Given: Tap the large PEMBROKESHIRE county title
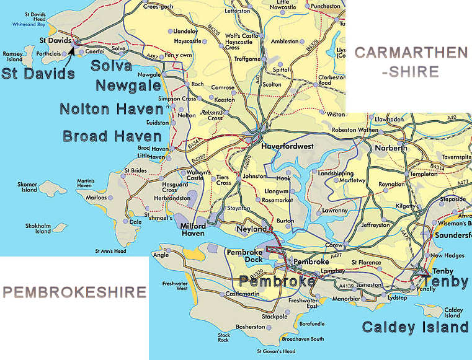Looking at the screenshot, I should click(74, 292).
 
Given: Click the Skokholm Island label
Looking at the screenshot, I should click(43, 229).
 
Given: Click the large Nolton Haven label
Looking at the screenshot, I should click(112, 110).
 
